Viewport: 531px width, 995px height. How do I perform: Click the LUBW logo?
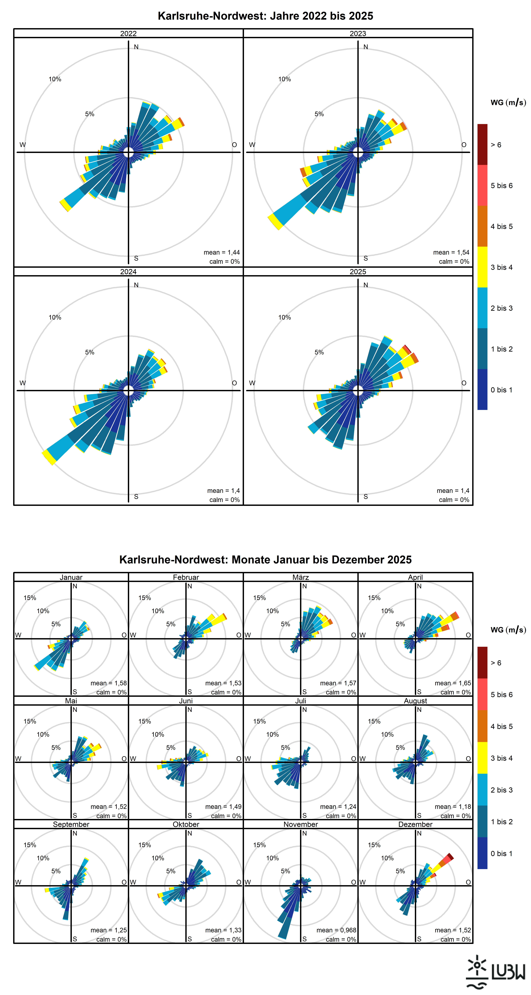tap(495, 971)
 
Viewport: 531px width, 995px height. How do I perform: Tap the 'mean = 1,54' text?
tap(451, 252)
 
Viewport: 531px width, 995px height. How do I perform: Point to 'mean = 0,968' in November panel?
tap(336, 930)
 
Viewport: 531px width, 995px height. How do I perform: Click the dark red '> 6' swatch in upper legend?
tap(482, 144)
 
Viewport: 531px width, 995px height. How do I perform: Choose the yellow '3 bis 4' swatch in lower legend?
tap(482, 758)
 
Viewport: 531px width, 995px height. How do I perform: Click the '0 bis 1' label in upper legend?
tap(501, 390)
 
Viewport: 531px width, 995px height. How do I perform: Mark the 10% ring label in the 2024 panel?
tap(55, 317)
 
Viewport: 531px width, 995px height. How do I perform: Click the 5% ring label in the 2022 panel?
tap(90, 114)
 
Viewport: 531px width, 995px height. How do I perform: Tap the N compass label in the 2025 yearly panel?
tap(366, 285)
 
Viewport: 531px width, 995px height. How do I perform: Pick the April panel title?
tap(416, 577)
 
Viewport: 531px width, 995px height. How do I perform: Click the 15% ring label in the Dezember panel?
tap(374, 845)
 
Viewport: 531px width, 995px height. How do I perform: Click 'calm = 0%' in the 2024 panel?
tap(224, 500)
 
